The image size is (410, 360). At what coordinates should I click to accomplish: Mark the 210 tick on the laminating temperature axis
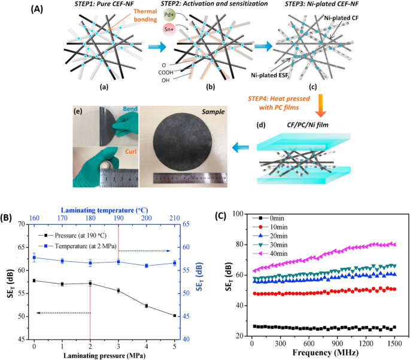click(174, 218)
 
